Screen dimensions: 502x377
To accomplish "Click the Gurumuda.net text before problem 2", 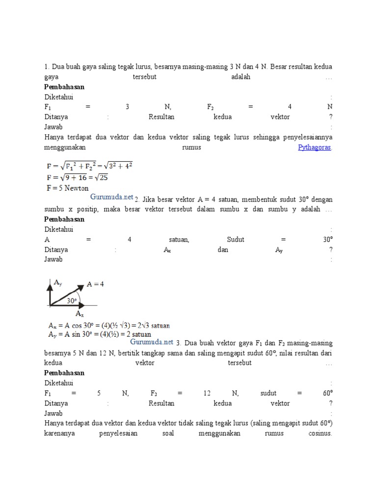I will click(112, 197).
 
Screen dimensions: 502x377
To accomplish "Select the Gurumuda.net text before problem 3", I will click(152, 342).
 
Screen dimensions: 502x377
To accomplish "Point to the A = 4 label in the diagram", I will click(95, 284).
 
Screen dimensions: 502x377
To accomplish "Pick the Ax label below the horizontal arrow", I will click(80, 313).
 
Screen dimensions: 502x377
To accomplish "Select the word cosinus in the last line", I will click(321, 434).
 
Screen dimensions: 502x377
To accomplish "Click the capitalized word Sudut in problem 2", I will click(236, 239).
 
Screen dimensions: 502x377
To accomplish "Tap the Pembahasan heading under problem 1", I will click(64, 87).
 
